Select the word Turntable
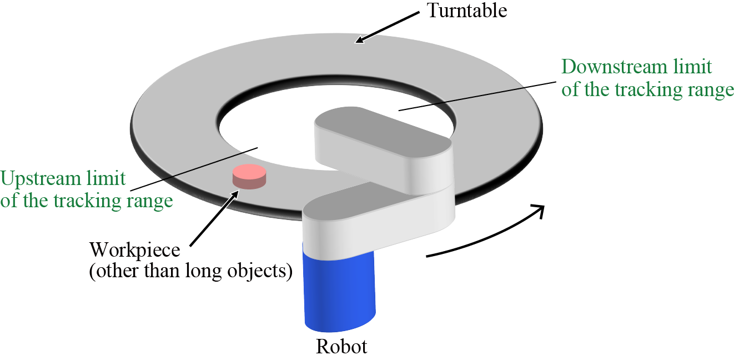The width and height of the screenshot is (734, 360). [466, 11]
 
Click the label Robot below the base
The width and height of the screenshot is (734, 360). [341, 347]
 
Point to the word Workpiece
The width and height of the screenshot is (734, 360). [135, 249]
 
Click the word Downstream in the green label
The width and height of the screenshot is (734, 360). [616, 67]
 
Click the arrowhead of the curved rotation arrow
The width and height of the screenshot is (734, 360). [537, 211]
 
